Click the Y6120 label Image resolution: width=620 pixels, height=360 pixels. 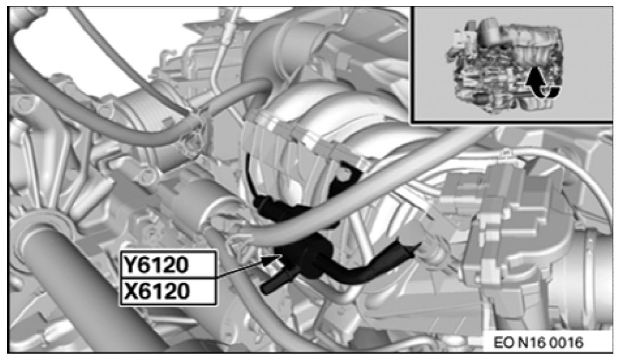coord(155,265)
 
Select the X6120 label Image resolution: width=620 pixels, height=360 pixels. coord(155,292)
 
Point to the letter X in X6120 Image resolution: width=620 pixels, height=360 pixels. coord(130,292)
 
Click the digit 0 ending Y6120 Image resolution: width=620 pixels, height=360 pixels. coord(182,265)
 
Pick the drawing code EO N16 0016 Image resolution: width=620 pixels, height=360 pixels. coord(538,343)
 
